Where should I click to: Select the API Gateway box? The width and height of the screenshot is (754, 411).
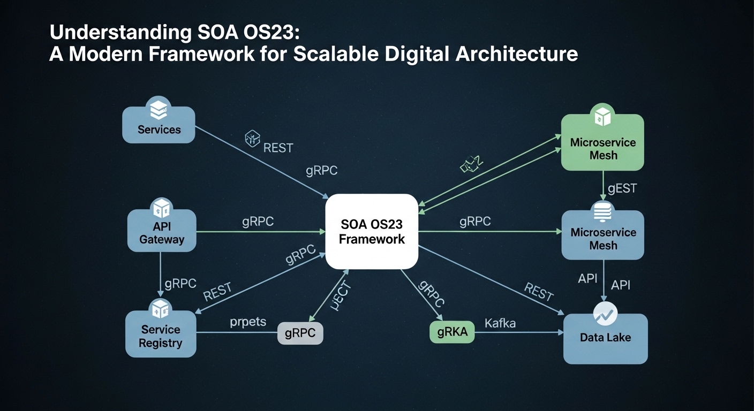162,231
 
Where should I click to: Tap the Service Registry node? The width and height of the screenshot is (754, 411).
161,334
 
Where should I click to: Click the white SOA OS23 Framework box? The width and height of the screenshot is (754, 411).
372,231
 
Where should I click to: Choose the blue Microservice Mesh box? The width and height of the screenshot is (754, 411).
602,235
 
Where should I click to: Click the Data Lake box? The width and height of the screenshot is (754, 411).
605,338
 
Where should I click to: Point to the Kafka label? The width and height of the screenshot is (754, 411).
500,323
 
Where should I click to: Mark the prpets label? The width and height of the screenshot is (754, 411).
248,322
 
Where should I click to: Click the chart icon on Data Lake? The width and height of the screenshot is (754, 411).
606,314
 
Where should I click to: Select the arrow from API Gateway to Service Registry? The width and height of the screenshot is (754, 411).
161,274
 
